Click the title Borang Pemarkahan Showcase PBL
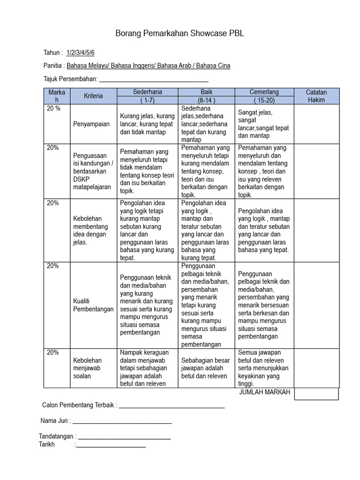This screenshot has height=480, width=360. (180, 34)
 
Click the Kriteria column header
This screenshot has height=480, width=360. (93, 96)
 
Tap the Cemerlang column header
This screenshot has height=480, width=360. (264, 92)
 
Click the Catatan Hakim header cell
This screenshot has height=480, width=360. (316, 96)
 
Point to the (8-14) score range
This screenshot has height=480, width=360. (207, 100)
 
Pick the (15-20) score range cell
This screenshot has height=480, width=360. (264, 100)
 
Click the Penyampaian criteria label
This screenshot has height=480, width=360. (91, 124)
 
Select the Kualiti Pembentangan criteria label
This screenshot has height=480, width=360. (93, 305)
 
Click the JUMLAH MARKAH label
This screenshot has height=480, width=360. (264, 392)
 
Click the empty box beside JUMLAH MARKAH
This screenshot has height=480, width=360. (316, 394)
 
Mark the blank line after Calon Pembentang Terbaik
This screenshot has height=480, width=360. (172, 406)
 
